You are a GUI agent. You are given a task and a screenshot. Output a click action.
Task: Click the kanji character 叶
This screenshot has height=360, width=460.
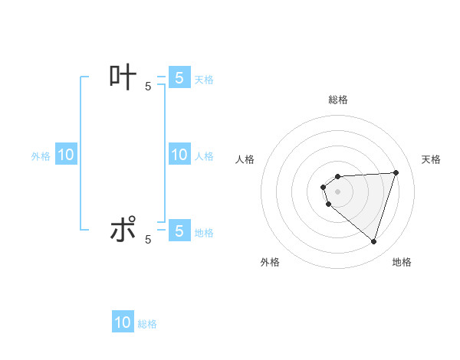coord(123,77)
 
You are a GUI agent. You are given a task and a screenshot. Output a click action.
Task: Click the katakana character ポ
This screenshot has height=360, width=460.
coord(123,230)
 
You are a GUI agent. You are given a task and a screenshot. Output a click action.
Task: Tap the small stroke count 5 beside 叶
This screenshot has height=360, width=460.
coord(148,87)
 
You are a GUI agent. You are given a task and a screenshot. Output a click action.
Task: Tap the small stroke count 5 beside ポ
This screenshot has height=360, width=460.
coord(148,240)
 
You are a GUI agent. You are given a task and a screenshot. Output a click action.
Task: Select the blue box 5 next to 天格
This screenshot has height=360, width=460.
coord(179,77)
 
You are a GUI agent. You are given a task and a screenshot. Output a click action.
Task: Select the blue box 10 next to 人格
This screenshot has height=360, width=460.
coord(179,155)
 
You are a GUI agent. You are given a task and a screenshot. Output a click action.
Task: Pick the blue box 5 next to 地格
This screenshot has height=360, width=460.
coord(179,230)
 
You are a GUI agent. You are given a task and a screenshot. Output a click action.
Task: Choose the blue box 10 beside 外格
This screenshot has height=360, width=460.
coord(66,155)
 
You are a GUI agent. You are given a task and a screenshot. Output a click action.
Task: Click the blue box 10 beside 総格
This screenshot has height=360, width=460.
coord(123,322)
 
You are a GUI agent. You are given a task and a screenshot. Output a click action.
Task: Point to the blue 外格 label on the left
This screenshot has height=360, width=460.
coord(41,156)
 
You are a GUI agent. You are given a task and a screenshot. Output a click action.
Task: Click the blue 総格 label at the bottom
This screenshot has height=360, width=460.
coord(147,324)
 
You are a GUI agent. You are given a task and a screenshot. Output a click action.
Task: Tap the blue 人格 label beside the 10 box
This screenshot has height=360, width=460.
coord(204,156)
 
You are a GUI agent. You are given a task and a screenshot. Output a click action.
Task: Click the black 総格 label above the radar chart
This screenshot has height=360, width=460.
coord(338,100)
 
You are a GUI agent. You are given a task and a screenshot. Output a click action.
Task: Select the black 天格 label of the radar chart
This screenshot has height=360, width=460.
coord(432,159)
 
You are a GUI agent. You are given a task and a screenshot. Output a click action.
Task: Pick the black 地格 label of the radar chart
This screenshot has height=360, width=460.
coord(402,262)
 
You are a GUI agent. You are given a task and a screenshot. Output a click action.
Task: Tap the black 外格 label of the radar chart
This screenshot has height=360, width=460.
coord(270,262)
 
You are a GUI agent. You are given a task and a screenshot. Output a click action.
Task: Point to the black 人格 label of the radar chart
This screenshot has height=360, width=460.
coord(245,159)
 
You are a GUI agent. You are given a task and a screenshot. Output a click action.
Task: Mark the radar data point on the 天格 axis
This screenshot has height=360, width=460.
coord(396,172)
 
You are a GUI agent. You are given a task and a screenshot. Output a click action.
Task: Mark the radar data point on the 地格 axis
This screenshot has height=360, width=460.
coord(373,242)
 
